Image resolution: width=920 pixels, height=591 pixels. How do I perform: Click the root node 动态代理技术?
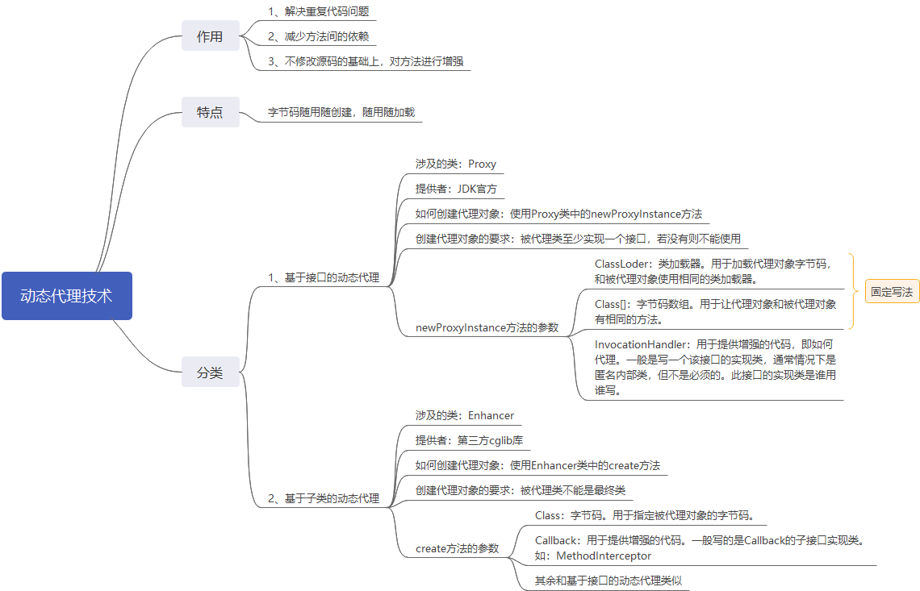pyautogui.click(x=66, y=296)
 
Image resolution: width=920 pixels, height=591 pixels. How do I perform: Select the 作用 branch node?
pyautogui.click(x=210, y=36)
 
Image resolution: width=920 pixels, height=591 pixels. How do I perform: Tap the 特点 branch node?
pyautogui.click(x=210, y=112)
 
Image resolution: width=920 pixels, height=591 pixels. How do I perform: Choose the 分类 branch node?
pyautogui.click(x=210, y=373)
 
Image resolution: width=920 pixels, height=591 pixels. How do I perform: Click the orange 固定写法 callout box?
pyautogui.click(x=892, y=292)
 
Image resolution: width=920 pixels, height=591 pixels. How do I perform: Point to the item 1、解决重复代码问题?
pyautogui.click(x=320, y=11)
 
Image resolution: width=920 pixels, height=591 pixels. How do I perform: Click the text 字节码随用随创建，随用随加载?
pyautogui.click(x=341, y=112)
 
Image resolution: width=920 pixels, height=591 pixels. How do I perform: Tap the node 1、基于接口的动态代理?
pyautogui.click(x=324, y=277)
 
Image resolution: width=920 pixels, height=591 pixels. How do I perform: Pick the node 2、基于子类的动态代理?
pyautogui.click(x=324, y=498)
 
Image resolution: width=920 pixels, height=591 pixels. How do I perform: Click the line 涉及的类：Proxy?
pyautogui.click(x=456, y=164)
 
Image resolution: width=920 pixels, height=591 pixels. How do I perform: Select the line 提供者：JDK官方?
pyautogui.click(x=456, y=189)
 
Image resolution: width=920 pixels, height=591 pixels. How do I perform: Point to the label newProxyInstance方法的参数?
pyautogui.click(x=487, y=327)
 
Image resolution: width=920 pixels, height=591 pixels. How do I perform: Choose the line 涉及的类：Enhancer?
pyautogui.click(x=465, y=415)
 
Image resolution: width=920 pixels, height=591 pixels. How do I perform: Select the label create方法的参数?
pyautogui.click(x=458, y=548)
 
